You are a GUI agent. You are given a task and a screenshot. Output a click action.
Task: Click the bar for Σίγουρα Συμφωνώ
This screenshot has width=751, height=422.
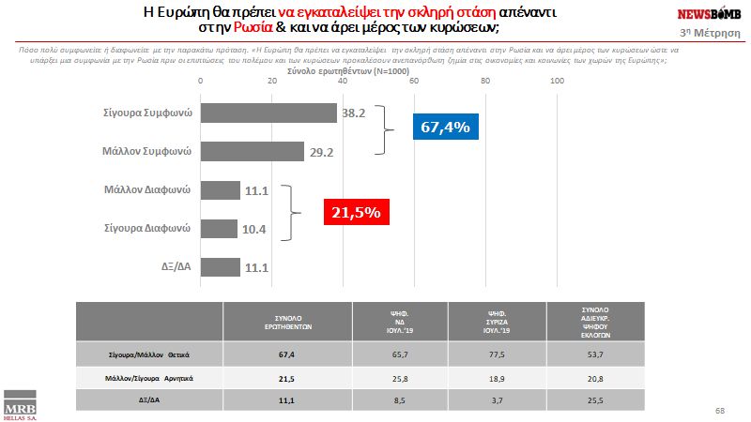click(269, 113)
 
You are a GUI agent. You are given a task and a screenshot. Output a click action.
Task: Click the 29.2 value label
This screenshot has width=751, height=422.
click(323, 151)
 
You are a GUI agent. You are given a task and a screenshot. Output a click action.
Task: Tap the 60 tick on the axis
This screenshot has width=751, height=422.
click(414, 82)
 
